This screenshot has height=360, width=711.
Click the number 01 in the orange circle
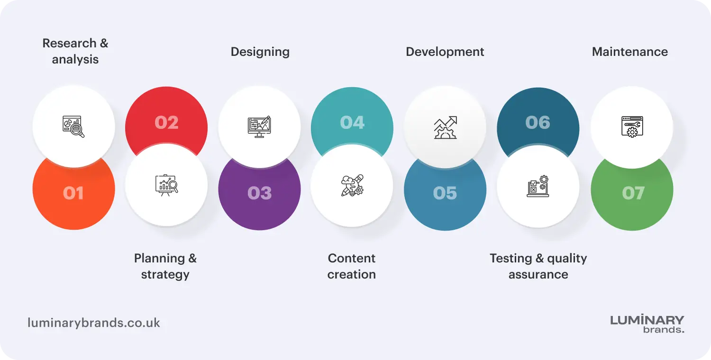pyautogui.click(x=73, y=193)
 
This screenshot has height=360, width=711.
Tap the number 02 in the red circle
pyautogui.click(x=166, y=123)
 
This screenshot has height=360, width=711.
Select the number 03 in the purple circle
pyautogui.click(x=259, y=193)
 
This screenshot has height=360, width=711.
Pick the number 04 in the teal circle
pyautogui.click(x=352, y=123)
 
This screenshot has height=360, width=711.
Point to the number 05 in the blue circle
pyautogui.click(x=445, y=193)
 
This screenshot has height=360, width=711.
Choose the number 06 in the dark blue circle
pyautogui.click(x=538, y=123)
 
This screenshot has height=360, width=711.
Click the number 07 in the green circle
pyautogui.click(x=633, y=193)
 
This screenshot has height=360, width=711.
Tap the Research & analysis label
pyautogui.click(x=75, y=51)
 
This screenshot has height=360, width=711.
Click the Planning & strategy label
pyautogui.click(x=165, y=266)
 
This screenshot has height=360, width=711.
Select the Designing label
pyautogui.click(x=260, y=52)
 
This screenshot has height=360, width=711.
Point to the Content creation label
pyautogui.click(x=352, y=266)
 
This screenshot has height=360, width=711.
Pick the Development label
pyautogui.click(x=445, y=52)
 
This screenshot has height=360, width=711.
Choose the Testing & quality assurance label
pyautogui.click(x=538, y=266)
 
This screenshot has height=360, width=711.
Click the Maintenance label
pyautogui.click(x=629, y=52)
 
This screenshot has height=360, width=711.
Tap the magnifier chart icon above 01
pyautogui.click(x=73, y=126)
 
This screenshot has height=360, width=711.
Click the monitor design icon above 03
pyautogui.click(x=259, y=126)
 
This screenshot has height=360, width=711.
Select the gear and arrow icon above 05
pyautogui.click(x=445, y=127)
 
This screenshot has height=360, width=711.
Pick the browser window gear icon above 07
pyautogui.click(x=632, y=126)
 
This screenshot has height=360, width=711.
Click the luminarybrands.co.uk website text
pyautogui.click(x=94, y=323)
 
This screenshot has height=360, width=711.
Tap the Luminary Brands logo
pyautogui.click(x=647, y=324)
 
